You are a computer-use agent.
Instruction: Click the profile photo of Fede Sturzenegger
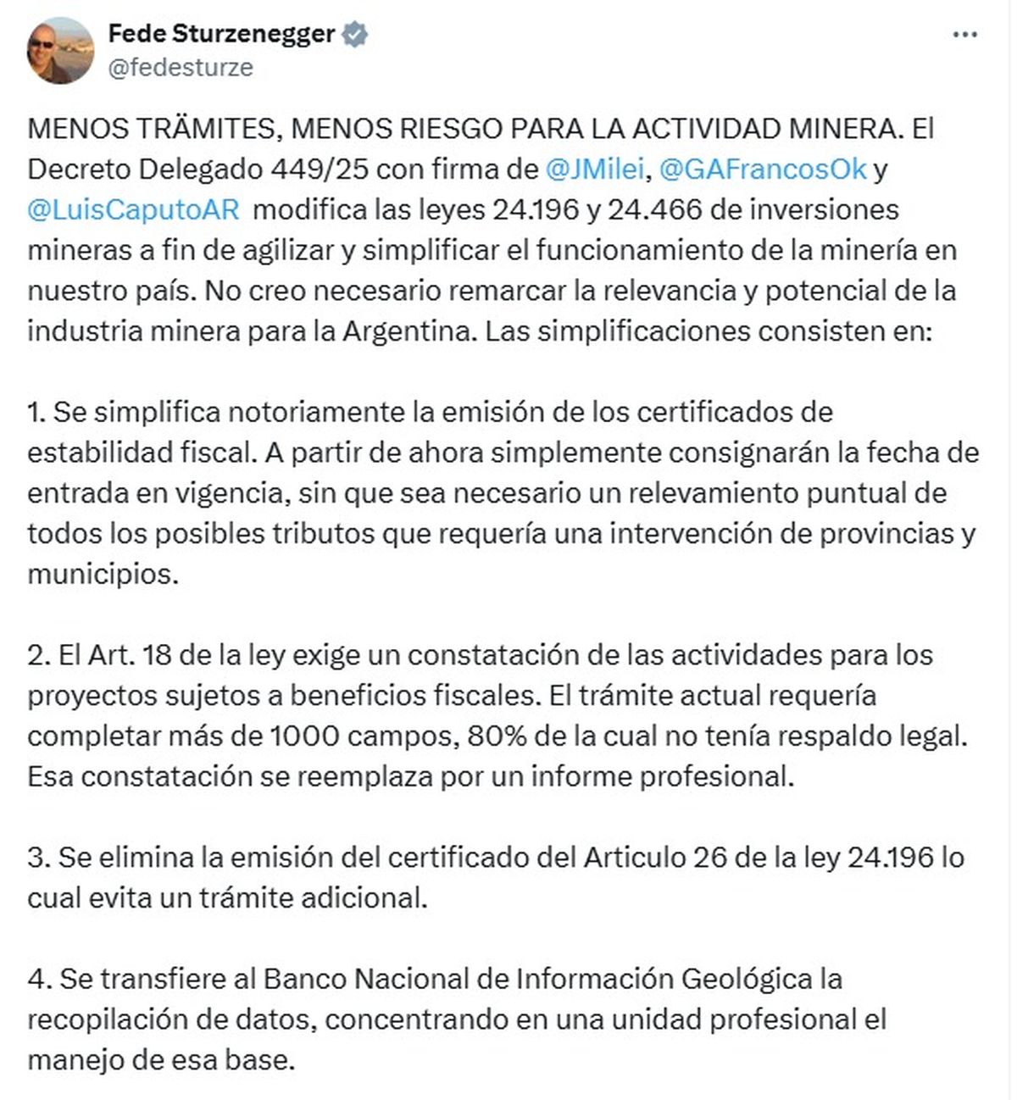click(x=60, y=50)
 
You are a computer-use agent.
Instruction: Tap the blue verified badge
click(x=355, y=35)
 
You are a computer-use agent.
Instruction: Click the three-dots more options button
click(x=965, y=36)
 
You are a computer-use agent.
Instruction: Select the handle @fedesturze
click(x=181, y=68)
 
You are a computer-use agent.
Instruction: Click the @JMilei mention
click(x=597, y=169)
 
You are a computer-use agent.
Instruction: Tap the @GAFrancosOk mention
click(x=762, y=169)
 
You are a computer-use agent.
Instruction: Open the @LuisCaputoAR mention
click(x=134, y=209)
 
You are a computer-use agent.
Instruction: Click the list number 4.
click(x=36, y=979)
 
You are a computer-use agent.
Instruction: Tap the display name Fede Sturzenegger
click(x=222, y=35)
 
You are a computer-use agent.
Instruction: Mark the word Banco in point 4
click(x=304, y=979)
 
